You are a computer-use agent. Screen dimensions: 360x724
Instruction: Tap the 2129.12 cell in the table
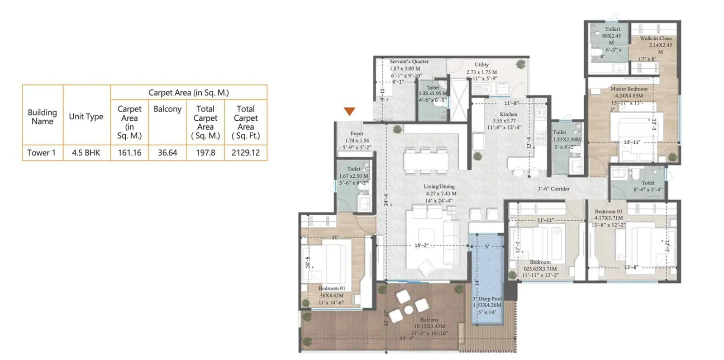[246, 153]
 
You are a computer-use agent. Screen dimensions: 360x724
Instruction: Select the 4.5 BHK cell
[86, 153]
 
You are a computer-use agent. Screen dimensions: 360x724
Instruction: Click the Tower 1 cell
[42, 153]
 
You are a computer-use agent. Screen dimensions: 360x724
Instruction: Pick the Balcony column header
[167, 109]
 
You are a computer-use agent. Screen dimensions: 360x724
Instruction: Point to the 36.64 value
[167, 153]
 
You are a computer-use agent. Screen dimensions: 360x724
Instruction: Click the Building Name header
[42, 117]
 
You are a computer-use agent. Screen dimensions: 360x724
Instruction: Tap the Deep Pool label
[488, 299]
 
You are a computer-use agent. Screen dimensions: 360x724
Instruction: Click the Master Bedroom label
[629, 89]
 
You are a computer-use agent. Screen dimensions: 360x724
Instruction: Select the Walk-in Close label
[656, 38]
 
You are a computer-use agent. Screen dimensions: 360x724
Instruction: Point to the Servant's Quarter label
[409, 62]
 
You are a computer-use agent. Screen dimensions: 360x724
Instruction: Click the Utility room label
[481, 65]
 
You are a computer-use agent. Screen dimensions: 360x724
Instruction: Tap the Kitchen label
[508, 114]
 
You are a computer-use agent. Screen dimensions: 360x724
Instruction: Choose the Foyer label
[357, 134]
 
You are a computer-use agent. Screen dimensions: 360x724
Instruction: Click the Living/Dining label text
[439, 186]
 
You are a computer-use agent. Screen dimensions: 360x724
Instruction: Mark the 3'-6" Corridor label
[553, 189]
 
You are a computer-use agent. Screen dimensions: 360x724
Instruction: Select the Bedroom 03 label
[608, 211]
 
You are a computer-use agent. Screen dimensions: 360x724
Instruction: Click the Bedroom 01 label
[332, 288]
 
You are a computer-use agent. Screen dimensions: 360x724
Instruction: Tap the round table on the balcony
[409, 310]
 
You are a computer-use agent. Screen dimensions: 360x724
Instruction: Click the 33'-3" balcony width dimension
[406, 338]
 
